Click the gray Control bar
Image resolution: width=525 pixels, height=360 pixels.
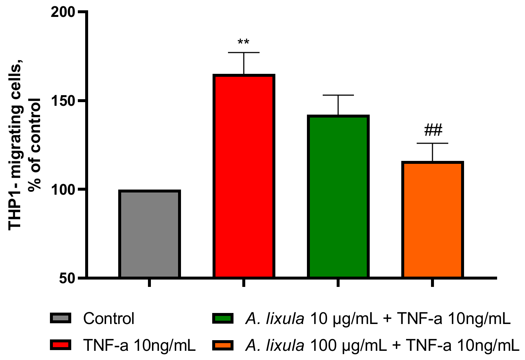coord(149,234)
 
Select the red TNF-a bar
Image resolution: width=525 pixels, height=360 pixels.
coord(244,176)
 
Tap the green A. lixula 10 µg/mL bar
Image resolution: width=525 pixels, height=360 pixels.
coord(338,197)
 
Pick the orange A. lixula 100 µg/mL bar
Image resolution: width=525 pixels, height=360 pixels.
coord(432,220)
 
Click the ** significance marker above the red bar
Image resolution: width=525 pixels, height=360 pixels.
coord(243,42)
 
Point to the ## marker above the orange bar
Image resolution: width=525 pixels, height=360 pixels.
coord(433,130)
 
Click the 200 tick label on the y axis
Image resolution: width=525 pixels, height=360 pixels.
coord(63,12)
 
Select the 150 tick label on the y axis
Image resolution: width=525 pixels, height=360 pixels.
coord(63,101)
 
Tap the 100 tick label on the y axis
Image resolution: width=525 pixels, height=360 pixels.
coord(63,190)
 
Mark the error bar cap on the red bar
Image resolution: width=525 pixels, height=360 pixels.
coord(244,53)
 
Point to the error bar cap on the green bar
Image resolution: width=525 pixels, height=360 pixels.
coord(338,95)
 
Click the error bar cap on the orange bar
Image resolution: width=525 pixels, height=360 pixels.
coord(432,143)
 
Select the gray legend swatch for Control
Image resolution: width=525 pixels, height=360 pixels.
coord(60,318)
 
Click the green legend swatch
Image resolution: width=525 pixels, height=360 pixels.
coord(222,318)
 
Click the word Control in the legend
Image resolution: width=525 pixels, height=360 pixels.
coord(109,318)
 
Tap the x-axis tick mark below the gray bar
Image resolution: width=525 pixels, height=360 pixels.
coord(149,282)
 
